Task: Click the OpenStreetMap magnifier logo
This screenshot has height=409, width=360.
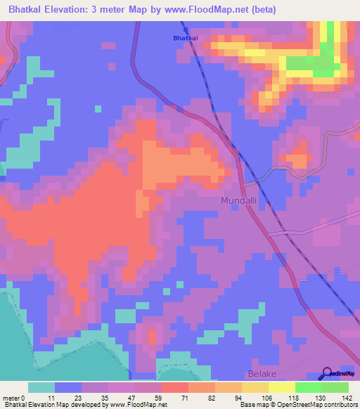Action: pyautogui.click(x=328, y=374)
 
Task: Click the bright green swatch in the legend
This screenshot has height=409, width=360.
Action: pyautogui.click(x=309, y=387)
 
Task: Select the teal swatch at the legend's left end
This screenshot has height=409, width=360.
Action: pyautogui.click(x=41, y=387)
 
